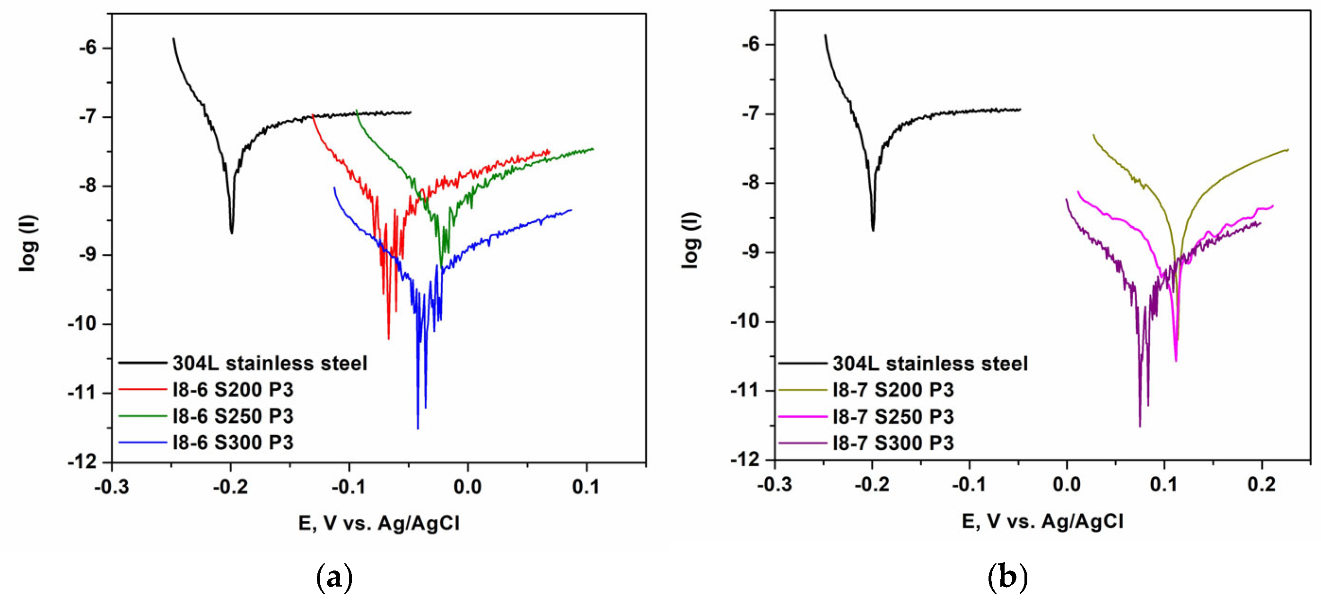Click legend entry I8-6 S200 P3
[233, 390]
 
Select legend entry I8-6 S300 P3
[233, 442]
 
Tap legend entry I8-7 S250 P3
[893, 417]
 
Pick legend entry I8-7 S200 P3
[893, 390]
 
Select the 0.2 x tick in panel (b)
[1261, 484]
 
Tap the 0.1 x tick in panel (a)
[586, 486]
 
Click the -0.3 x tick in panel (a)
[112, 486]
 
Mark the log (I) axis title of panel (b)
[690, 240]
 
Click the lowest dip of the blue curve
[418, 428]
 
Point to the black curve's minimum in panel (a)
[232, 233]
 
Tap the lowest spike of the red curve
[388, 339]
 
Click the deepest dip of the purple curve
[1139, 426]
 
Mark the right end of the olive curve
[1288, 150]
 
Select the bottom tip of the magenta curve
[1176, 361]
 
